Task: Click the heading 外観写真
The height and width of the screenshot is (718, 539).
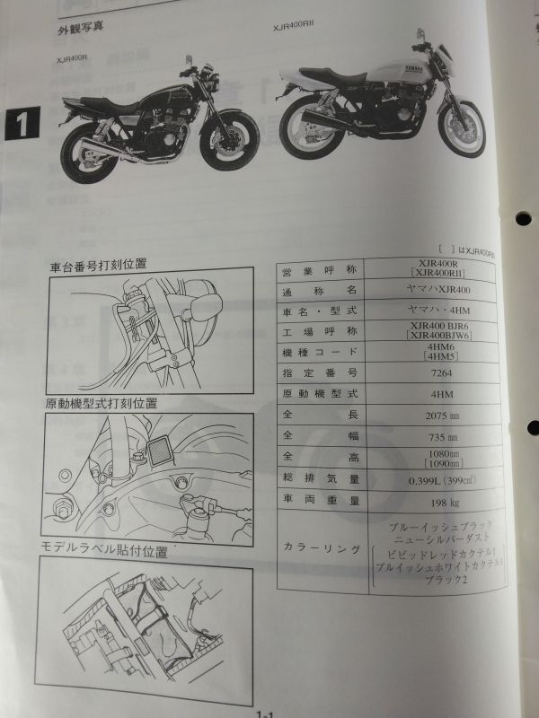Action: (78, 26)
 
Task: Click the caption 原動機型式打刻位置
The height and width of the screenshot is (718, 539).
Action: (105, 404)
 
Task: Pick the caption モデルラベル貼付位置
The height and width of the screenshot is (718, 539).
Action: (105, 551)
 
